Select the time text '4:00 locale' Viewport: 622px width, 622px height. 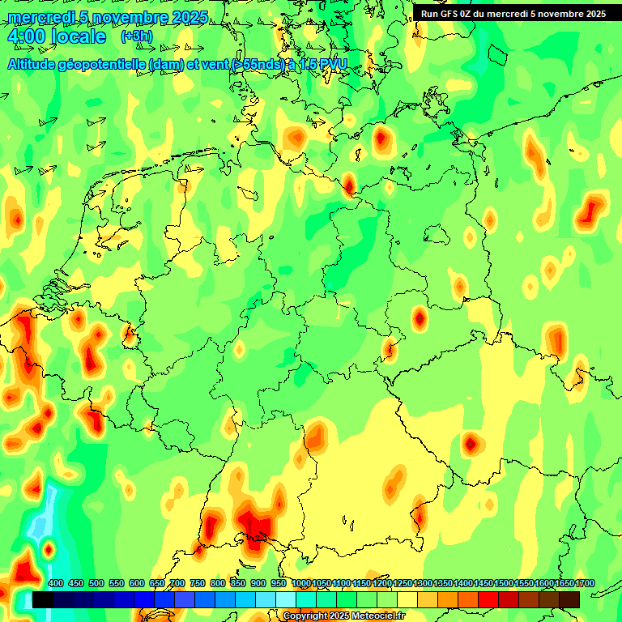tap(57, 37)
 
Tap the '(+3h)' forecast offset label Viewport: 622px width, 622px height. tap(135, 36)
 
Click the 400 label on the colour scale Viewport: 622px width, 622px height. tap(56, 584)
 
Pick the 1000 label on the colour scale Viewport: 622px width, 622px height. tap(301, 584)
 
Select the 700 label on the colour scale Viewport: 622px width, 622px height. tap(177, 584)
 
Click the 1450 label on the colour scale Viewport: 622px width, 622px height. tap(484, 584)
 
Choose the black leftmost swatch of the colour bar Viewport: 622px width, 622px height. tap(43, 599)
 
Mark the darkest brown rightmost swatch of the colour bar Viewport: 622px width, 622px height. tap(569, 599)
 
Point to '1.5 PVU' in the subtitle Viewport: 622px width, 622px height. tap(322, 64)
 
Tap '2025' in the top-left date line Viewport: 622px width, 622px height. tap(190, 17)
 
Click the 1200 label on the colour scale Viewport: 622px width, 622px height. tap(382, 584)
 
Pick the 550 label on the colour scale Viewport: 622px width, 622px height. tap(117, 584)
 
